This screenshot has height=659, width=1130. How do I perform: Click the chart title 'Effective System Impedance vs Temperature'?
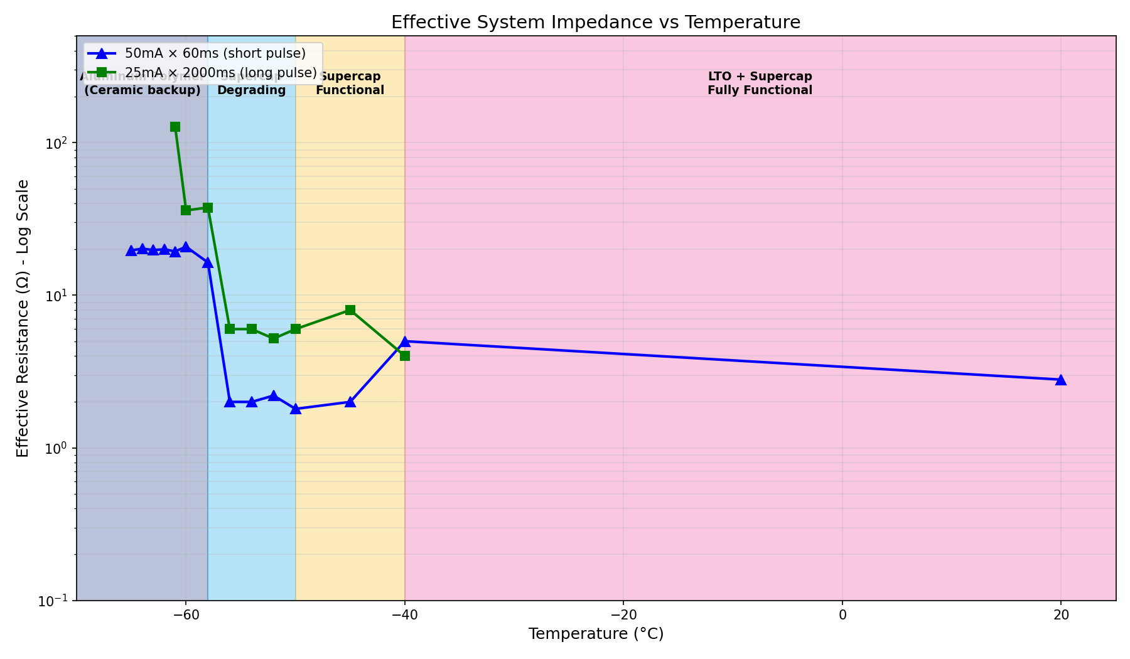[x=595, y=23]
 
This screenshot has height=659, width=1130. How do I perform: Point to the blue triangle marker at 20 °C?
[x=1060, y=380]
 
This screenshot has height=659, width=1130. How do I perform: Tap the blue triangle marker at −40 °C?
[x=405, y=341]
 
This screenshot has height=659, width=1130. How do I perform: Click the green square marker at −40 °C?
[x=405, y=356]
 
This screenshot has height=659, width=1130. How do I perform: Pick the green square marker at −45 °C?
[x=350, y=310]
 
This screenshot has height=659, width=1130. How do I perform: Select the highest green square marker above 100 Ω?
[x=175, y=127]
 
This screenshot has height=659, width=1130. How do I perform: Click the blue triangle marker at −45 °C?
[x=350, y=402]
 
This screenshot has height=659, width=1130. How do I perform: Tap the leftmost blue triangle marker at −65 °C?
[x=131, y=250]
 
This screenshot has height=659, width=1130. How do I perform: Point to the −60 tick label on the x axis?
[x=185, y=614]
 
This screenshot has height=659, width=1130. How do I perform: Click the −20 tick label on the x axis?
[x=623, y=614]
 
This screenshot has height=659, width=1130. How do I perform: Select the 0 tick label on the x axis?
[x=842, y=614]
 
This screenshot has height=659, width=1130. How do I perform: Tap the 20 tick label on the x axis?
[x=1060, y=614]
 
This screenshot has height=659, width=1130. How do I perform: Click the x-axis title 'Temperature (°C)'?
[x=595, y=634]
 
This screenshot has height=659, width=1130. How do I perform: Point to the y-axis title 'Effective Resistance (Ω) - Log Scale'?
[x=23, y=318]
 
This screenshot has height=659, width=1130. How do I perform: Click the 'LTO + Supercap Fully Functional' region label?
[x=760, y=83]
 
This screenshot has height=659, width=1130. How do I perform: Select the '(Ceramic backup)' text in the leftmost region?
[x=143, y=90]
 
